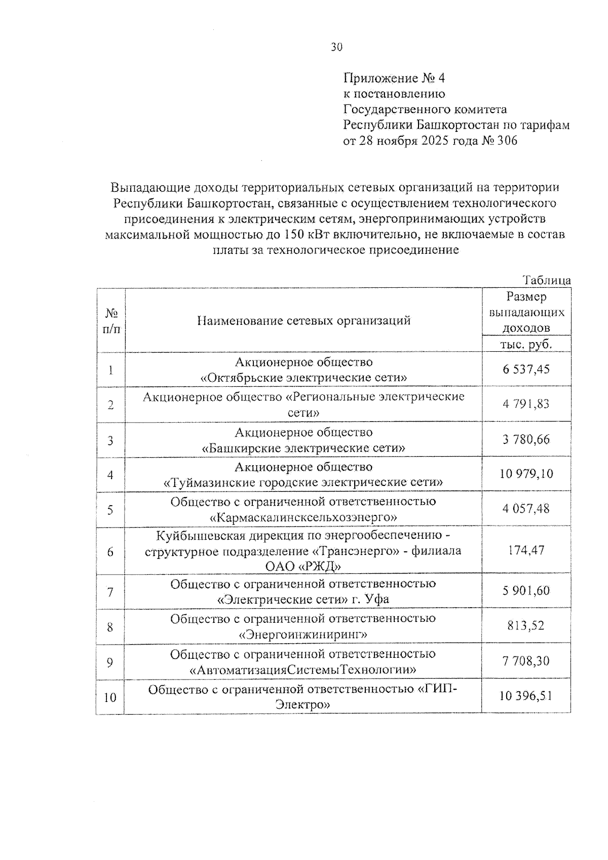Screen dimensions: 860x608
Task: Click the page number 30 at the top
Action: (336, 47)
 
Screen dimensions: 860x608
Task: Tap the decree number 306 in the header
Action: (507, 141)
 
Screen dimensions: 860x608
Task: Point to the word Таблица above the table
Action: (547, 280)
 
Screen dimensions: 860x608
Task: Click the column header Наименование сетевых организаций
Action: (303, 320)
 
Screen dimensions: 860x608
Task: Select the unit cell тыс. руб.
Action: (526, 344)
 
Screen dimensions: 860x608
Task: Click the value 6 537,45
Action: (526, 369)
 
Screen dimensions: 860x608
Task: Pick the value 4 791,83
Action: (526, 404)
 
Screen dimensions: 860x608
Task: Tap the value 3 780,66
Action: (526, 439)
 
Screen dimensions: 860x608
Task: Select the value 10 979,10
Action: (526, 474)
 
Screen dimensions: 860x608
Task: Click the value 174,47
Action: (526, 550)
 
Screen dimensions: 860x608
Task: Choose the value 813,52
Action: (526, 626)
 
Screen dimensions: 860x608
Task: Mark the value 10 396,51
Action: (526, 696)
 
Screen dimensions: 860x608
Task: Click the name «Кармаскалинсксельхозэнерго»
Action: (303, 517)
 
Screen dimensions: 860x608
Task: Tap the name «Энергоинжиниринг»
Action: (303, 634)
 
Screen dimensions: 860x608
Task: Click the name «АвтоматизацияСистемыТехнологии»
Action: (303, 670)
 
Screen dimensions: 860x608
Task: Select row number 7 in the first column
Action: (110, 591)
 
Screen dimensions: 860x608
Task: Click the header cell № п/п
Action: (110, 321)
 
